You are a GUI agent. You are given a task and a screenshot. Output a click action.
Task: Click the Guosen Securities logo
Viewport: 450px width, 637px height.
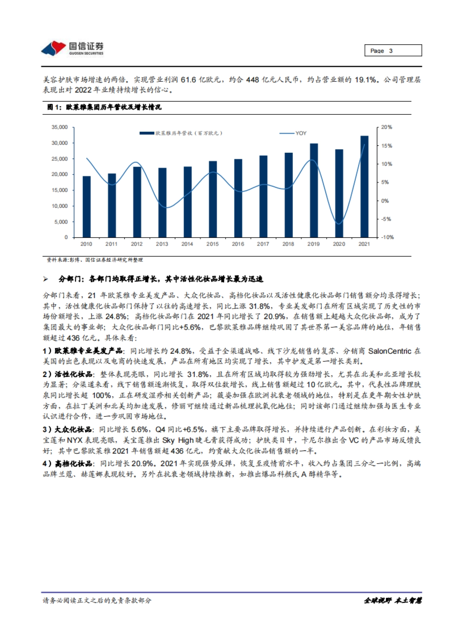(x=72, y=48)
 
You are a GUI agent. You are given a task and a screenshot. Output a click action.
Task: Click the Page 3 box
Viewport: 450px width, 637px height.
(x=393, y=51)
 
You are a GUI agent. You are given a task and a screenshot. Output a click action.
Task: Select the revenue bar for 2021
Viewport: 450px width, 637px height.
(x=364, y=186)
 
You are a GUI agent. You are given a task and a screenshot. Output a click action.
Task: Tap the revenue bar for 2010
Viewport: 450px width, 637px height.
(x=86, y=206)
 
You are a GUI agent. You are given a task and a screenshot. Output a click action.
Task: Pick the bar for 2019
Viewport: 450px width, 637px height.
(x=313, y=190)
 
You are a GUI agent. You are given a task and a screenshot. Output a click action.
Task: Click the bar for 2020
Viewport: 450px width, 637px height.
(x=339, y=193)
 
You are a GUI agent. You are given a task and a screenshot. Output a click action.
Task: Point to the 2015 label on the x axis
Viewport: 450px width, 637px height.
(x=212, y=244)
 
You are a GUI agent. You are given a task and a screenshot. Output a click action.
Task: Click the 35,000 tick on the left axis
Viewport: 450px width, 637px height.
(x=60, y=127)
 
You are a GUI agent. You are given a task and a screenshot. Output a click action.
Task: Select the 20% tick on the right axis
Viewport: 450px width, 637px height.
(x=386, y=127)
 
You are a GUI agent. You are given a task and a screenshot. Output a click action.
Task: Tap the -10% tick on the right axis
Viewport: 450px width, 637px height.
(x=387, y=237)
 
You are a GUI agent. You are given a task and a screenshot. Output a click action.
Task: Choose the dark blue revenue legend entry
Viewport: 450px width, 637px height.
(x=181, y=133)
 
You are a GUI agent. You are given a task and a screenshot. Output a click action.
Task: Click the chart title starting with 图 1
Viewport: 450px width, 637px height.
(x=104, y=107)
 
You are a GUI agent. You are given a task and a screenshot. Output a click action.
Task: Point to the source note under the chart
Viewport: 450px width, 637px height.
(x=94, y=260)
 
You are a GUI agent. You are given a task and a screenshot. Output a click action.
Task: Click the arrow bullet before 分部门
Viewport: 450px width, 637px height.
(x=46, y=279)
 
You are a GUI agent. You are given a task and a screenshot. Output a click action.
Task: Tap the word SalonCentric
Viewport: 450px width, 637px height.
(x=390, y=351)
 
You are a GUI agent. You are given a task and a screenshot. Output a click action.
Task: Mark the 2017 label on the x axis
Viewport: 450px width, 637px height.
(x=263, y=244)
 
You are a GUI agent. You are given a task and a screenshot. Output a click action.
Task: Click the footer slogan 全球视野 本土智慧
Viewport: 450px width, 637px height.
(x=393, y=600)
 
